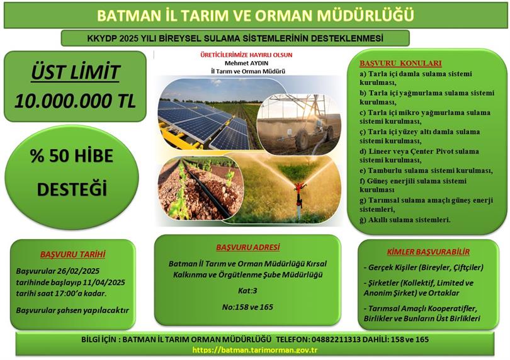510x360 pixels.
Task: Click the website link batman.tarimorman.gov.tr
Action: point(254,350)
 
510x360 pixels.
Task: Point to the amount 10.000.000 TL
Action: point(75,101)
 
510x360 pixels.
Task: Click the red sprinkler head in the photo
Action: point(300,187)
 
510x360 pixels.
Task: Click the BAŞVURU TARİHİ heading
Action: point(72,255)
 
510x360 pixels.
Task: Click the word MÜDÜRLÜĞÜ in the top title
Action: point(358,14)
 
